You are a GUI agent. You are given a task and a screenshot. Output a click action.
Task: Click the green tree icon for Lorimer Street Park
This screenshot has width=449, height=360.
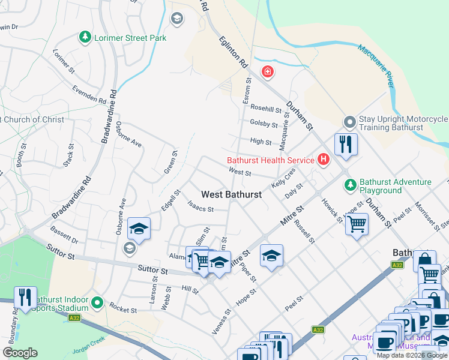(85, 38)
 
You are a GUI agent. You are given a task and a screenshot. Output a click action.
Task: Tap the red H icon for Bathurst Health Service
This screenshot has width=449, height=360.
(324, 160)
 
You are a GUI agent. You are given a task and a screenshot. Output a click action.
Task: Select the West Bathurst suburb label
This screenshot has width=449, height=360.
(231, 194)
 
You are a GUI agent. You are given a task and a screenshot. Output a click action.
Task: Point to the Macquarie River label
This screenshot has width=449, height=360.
(375, 65)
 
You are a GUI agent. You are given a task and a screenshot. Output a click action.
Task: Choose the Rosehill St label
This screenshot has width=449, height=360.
(266, 109)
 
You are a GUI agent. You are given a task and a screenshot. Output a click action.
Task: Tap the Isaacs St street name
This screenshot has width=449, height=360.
(200, 209)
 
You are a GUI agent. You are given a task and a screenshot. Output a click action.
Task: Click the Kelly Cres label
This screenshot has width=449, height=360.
(283, 177)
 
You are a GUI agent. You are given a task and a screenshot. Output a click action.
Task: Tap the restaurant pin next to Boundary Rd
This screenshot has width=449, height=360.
(25, 297)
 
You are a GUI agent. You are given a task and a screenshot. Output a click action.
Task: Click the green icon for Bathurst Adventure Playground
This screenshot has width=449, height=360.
(350, 186)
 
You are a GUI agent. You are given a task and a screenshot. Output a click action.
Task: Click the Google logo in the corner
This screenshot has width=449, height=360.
(20, 353)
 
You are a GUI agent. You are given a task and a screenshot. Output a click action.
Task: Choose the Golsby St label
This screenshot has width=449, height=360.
(264, 125)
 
